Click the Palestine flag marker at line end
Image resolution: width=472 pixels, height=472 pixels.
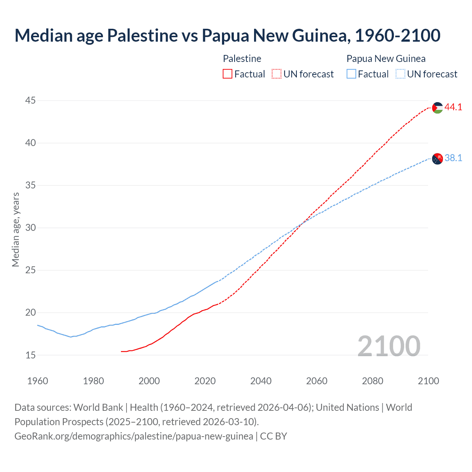(x=437, y=108)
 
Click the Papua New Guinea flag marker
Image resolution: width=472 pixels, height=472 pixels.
(x=437, y=159)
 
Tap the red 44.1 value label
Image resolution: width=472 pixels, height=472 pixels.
(x=453, y=107)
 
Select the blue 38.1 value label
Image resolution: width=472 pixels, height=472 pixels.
(x=453, y=158)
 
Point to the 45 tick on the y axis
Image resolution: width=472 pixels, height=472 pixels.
(x=31, y=100)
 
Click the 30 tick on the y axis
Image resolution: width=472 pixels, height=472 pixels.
(x=31, y=228)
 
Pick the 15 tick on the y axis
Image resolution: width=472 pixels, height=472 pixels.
(x=31, y=355)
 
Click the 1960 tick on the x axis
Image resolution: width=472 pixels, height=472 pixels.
(x=38, y=381)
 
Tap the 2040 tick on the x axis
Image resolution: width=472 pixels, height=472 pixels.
(x=261, y=381)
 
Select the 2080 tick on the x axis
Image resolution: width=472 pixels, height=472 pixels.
(x=372, y=381)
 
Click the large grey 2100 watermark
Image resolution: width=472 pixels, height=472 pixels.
(x=389, y=346)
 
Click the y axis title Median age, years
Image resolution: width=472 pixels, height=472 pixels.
(x=15, y=229)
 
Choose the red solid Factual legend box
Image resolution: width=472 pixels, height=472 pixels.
(x=228, y=74)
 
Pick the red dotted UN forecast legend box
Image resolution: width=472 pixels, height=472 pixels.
(x=277, y=74)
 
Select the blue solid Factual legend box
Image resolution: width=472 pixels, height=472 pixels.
(x=351, y=74)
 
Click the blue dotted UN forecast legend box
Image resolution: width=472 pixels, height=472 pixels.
(x=400, y=74)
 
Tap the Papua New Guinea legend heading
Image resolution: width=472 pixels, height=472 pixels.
(x=386, y=59)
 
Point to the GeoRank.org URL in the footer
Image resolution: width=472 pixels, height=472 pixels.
(x=134, y=436)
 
